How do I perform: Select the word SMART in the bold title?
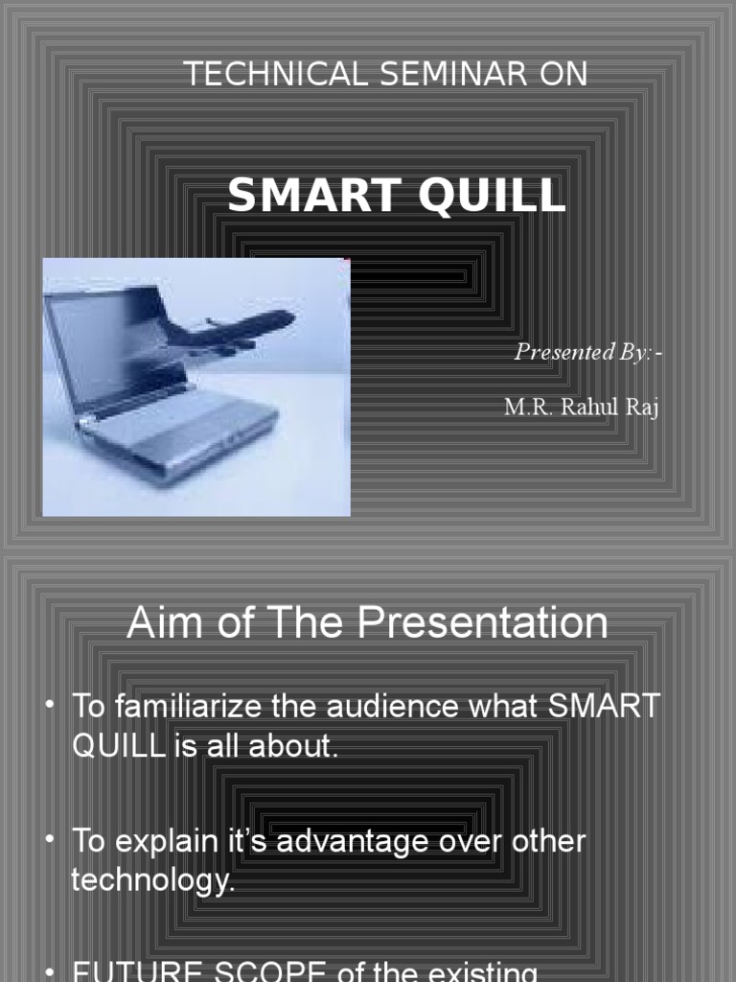click(307, 196)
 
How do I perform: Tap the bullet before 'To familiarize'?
click(50, 706)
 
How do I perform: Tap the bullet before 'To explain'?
click(50, 840)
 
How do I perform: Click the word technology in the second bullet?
click(152, 879)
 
